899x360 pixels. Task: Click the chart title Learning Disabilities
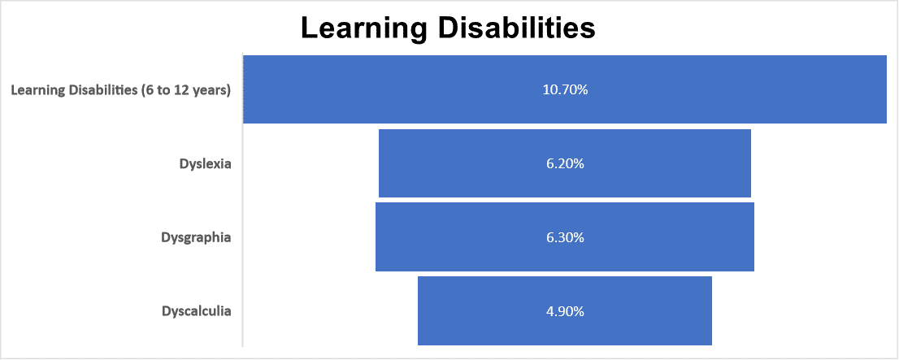448,28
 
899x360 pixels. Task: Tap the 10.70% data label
565,89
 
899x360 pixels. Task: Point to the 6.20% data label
565,163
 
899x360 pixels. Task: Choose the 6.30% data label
565,237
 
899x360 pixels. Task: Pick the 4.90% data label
565,311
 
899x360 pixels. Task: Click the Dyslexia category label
205,163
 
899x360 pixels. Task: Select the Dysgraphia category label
196,237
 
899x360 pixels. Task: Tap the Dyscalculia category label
196,311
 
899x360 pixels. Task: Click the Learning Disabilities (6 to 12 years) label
120,90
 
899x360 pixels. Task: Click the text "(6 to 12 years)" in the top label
185,90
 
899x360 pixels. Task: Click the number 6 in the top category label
149,90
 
